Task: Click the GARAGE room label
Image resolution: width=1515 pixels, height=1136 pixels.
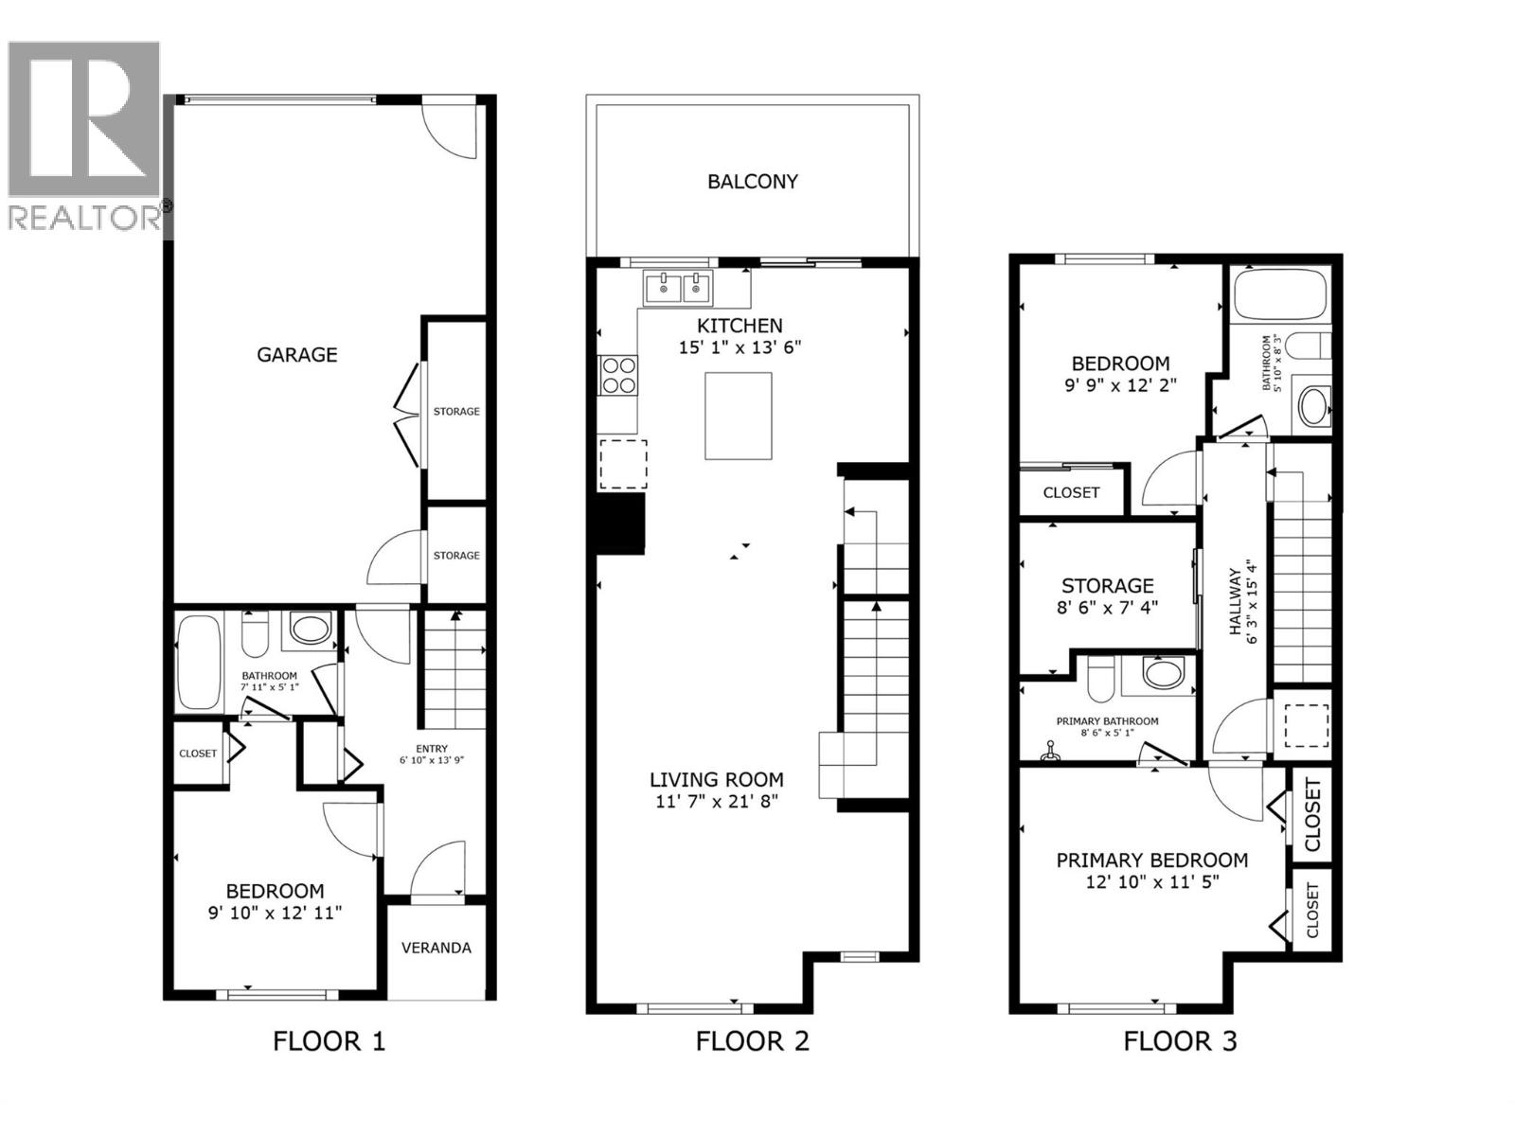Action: (x=296, y=355)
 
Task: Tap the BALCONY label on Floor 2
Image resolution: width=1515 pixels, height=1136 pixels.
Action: (x=753, y=181)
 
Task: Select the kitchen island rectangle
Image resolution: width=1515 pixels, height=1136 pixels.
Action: (x=738, y=416)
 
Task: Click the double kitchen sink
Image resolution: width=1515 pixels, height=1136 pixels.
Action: (x=678, y=287)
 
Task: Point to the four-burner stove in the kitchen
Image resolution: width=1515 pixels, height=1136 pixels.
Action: (x=618, y=374)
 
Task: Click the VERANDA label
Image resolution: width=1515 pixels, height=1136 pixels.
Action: (x=437, y=948)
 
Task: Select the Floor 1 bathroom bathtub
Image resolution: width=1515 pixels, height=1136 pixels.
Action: (x=199, y=662)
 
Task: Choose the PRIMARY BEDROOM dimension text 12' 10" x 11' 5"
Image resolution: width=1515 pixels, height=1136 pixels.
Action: (x=1151, y=882)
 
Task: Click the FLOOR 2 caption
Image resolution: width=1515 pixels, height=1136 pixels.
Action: (x=753, y=1042)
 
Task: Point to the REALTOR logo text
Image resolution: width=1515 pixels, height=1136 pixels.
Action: (x=83, y=218)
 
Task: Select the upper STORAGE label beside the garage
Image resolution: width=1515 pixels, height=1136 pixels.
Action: (x=456, y=412)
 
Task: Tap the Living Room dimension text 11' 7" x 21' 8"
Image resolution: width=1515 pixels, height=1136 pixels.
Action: (x=716, y=803)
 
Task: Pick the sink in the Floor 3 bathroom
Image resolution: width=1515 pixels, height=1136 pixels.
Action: (x=1312, y=407)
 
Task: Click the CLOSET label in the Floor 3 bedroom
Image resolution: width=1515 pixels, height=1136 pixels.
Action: (x=1071, y=492)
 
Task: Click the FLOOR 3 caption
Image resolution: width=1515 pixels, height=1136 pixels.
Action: (x=1180, y=1042)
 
